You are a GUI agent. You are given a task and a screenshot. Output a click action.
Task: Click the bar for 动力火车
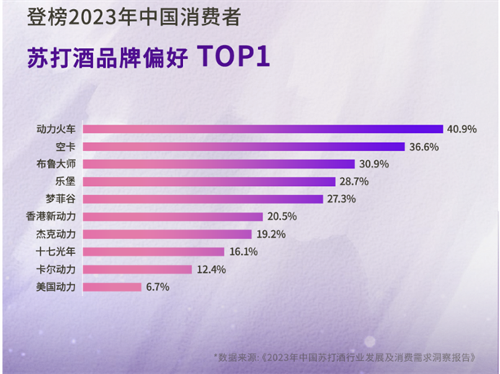pyautogui.click(x=263, y=129)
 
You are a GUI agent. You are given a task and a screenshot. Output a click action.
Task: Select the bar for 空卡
pyautogui.click(x=245, y=147)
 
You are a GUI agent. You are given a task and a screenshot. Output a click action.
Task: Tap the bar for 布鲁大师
pyautogui.click(x=220, y=164)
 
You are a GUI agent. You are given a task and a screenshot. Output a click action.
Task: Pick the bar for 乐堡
pyautogui.click(x=210, y=181)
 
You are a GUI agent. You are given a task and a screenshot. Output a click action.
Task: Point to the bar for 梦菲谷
pyautogui.click(x=204, y=199)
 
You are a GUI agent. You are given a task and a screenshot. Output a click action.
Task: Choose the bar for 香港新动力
pyautogui.click(x=174, y=216)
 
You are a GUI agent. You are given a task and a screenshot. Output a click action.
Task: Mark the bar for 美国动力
pyautogui.click(x=114, y=287)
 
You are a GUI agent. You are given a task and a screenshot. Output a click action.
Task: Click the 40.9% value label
pyautogui.click(x=461, y=129)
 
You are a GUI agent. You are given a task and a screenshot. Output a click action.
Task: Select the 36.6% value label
pyautogui.click(x=425, y=147)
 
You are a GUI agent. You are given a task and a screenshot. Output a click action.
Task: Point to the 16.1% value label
pyautogui.click(x=243, y=252)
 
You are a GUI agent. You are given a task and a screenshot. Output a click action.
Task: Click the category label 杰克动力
pyautogui.click(x=56, y=234)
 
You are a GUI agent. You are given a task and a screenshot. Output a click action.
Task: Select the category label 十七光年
pyautogui.click(x=56, y=252)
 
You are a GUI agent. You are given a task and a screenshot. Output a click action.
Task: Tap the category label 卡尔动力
pyautogui.click(x=56, y=269)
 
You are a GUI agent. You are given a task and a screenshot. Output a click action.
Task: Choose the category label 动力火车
pyautogui.click(x=56, y=129)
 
